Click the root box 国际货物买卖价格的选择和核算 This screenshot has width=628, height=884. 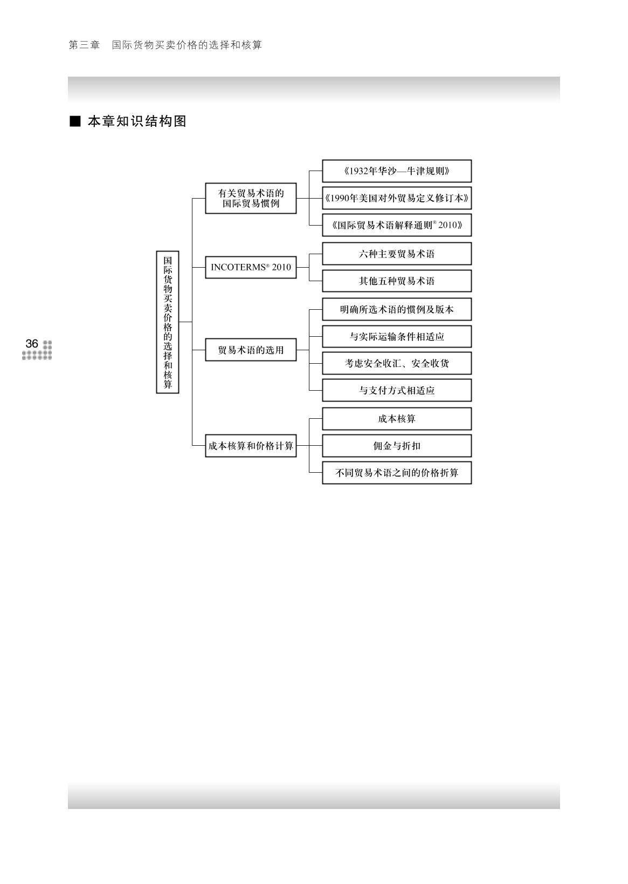pos(168,322)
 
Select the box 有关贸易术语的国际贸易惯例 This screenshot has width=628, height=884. pos(251,198)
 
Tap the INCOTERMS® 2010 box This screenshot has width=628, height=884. pos(251,267)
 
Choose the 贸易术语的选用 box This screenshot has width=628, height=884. pos(251,350)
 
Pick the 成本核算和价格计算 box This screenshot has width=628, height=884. pos(251,446)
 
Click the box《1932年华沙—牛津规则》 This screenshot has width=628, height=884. pos(397,171)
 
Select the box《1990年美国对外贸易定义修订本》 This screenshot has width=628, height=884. pos(397,198)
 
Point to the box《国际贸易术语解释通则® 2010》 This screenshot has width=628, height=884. pos(397,225)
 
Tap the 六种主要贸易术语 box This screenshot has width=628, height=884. pos(397,254)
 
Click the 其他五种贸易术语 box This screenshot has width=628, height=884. pos(397,281)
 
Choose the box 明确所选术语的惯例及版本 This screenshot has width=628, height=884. pos(397,309)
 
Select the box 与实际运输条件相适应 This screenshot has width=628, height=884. pos(397,336)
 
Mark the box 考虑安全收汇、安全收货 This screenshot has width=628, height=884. pos(397,363)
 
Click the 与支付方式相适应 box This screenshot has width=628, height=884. pos(397,390)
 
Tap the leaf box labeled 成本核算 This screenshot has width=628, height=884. pos(397,419)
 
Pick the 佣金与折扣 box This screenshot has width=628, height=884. pos(397,446)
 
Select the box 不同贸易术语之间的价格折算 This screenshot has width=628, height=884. pos(397,473)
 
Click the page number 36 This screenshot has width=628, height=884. pos(32,343)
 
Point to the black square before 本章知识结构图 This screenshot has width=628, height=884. pos(75,121)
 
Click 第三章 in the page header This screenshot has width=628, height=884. pos(85,45)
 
